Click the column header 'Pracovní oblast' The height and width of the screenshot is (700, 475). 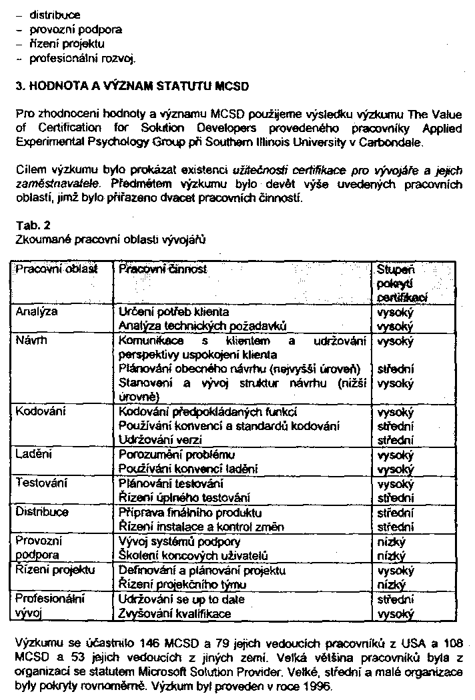(57, 269)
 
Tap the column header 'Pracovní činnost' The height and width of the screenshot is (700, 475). (163, 269)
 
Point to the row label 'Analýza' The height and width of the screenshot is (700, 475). (37, 311)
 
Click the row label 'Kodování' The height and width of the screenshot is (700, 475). (41, 412)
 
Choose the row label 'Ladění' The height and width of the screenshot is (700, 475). (35, 455)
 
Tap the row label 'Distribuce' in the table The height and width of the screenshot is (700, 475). (42, 512)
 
